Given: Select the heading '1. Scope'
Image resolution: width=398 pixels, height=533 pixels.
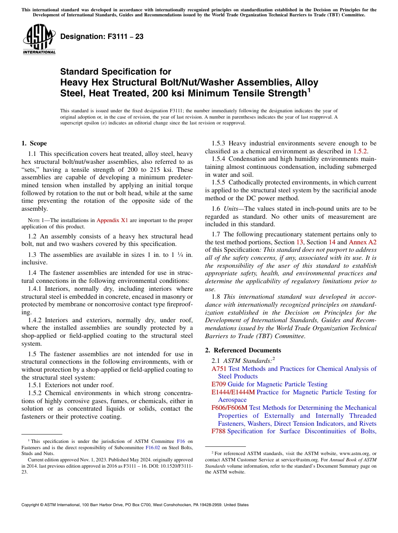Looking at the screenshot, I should [34, 143].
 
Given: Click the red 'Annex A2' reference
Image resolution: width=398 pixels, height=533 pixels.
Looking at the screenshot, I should [362, 242].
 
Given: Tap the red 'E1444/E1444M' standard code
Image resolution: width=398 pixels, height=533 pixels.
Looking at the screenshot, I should [233, 392].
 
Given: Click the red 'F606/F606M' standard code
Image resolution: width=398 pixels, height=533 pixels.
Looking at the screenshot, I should [230, 408].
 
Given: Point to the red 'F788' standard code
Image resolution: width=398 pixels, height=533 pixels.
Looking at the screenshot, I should [218, 431].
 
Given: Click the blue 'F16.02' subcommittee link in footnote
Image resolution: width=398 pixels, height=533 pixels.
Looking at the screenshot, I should [153, 447].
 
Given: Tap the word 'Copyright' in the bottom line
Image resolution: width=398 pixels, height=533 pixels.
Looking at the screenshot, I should [32, 505].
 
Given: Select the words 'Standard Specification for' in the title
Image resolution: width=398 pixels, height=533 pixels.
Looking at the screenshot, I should [116, 72].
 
